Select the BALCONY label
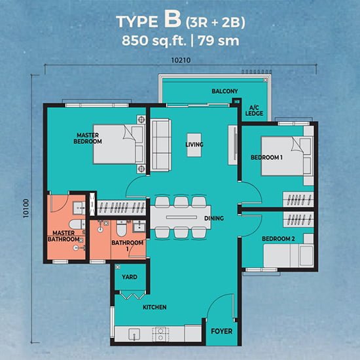(x=224, y=91)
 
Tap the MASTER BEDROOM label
(x=87, y=138)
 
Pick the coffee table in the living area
(x=194, y=149)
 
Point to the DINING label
(x=214, y=218)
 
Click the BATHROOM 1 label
(x=127, y=245)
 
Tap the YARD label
(x=130, y=277)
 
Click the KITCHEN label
(x=154, y=307)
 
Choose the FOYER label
(x=221, y=331)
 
